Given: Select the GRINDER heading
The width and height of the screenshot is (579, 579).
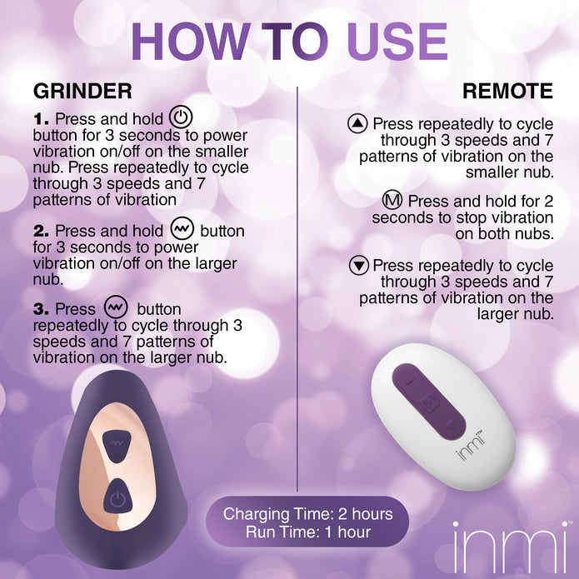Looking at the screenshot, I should pos(82,91).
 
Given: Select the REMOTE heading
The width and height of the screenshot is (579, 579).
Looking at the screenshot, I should pos(508,91).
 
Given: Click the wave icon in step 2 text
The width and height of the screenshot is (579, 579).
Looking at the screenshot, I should pos(182,229).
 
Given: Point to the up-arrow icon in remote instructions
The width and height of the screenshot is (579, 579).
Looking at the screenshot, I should pos(357,123).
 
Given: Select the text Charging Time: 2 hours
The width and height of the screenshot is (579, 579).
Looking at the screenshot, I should pos(307,514).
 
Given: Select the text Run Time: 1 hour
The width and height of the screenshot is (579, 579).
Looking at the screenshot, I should pos(307,532).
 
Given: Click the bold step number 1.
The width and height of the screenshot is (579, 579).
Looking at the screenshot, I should pos(41,120).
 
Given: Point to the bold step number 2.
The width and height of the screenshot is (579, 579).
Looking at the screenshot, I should pos(42,231).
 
